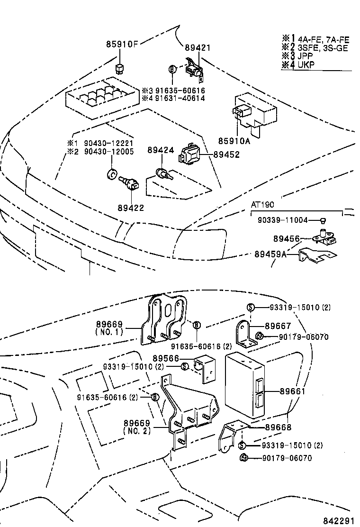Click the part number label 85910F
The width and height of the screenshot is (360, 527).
point(121,45)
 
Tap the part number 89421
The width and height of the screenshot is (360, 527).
point(198,48)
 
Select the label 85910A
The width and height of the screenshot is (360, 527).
point(234,141)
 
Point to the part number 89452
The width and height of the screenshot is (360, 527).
point(226,154)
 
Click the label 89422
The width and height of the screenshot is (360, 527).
point(131,208)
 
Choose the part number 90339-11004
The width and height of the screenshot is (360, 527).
point(282,220)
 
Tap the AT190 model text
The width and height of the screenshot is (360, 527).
point(263,205)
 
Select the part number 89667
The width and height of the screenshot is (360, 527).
point(278,326)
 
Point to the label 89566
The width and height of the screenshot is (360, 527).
point(166,358)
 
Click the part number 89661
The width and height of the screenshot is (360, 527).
point(292,391)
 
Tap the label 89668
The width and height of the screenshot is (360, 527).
point(278,427)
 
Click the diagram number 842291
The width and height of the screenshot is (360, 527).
point(338,520)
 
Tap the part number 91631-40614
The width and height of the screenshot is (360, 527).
point(177,98)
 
